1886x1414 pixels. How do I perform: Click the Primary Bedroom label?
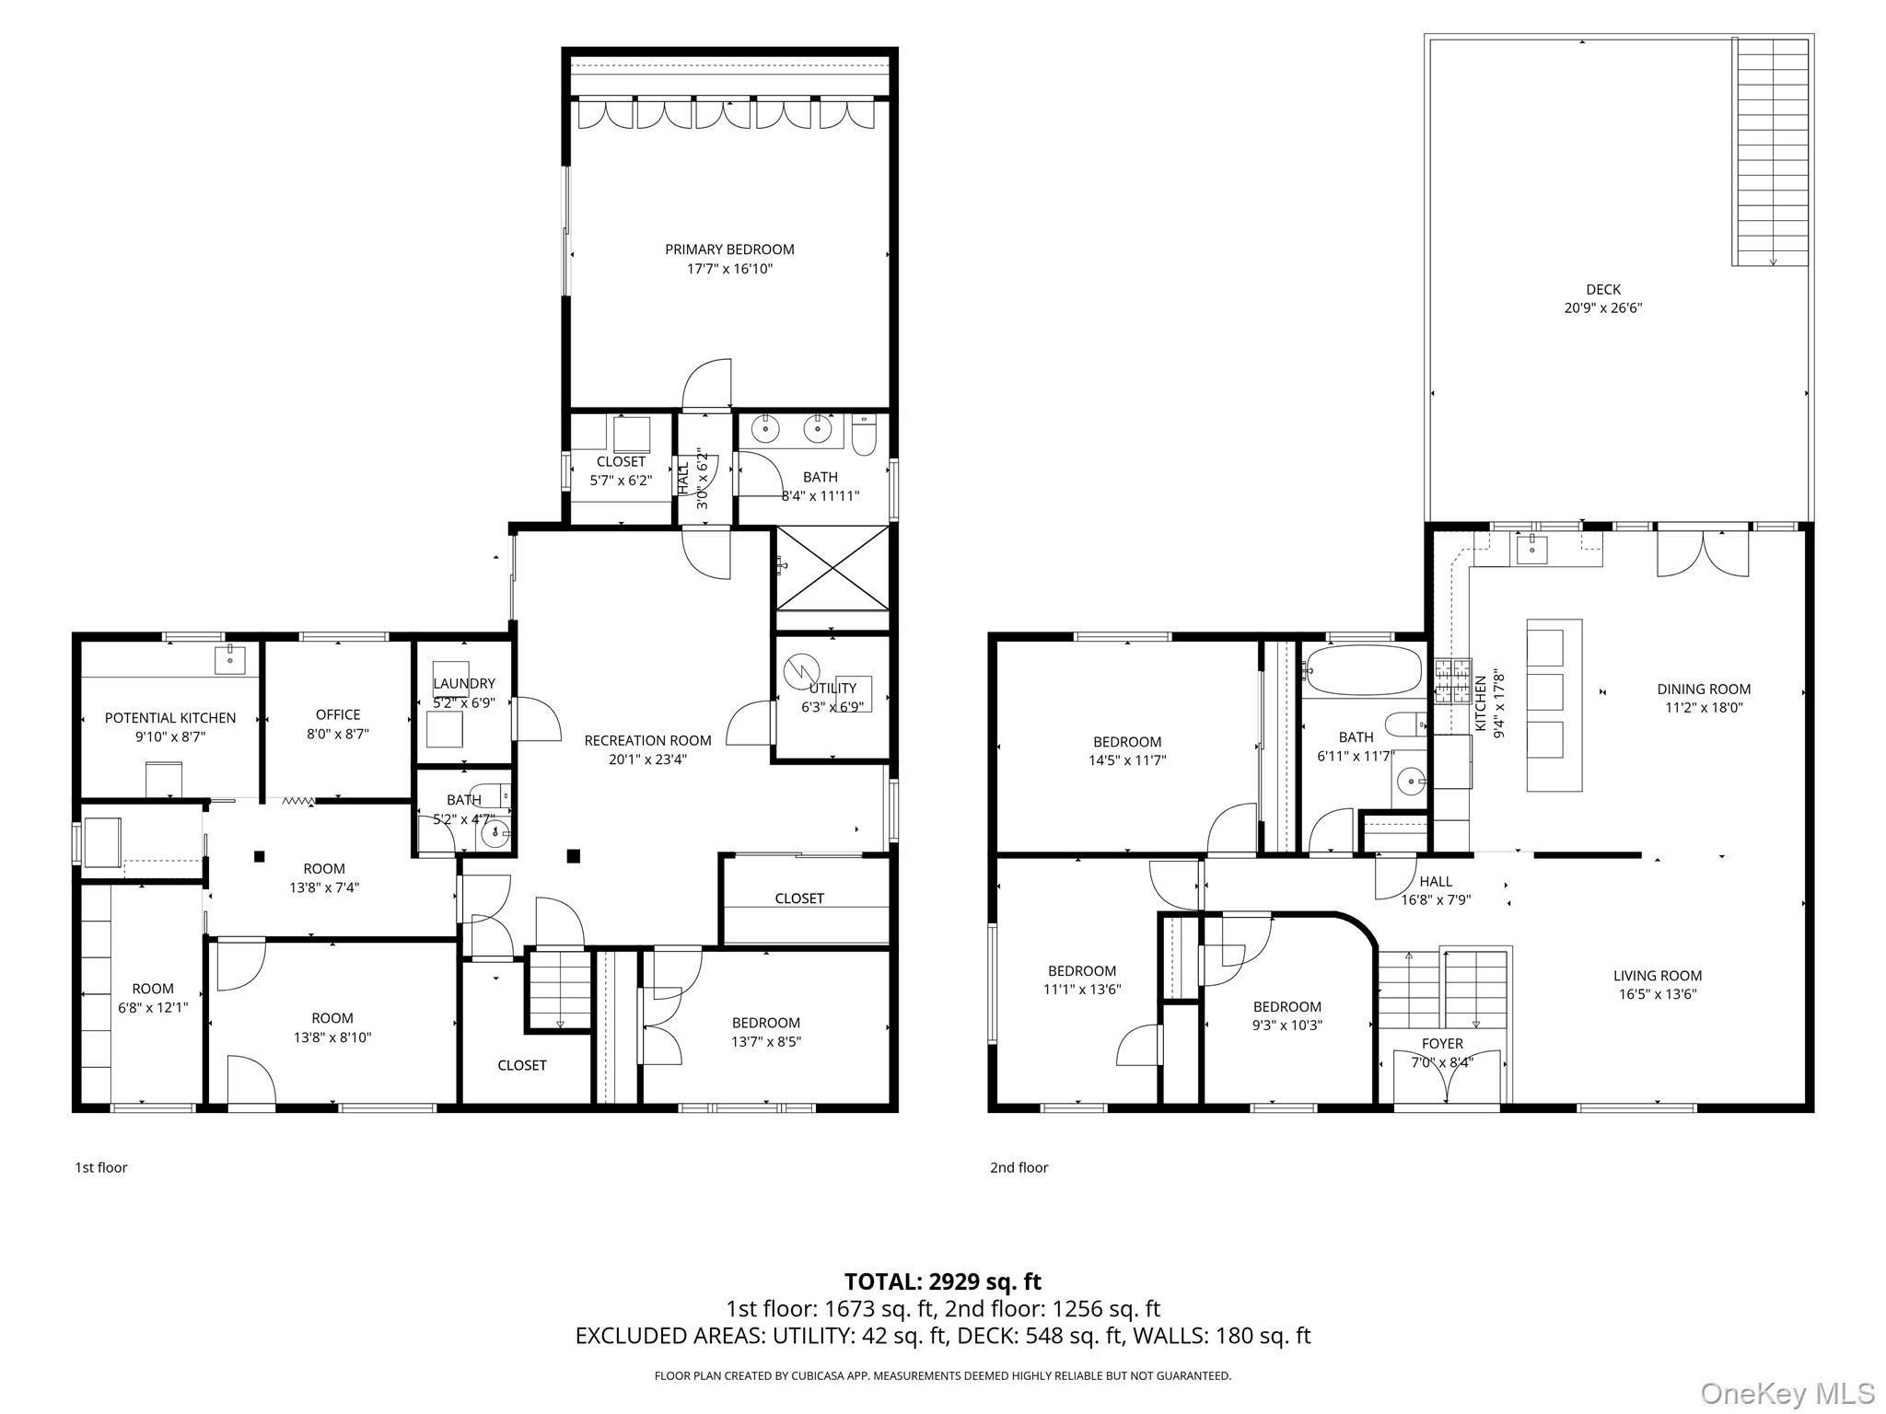click(x=729, y=249)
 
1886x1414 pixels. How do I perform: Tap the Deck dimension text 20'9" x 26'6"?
click(x=1602, y=308)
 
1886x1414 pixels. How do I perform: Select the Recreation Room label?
click(x=647, y=740)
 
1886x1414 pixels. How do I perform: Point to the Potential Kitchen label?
click(x=170, y=718)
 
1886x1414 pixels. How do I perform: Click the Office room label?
click(x=338, y=714)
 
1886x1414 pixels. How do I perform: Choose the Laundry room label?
click(x=464, y=683)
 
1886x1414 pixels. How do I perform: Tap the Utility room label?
click(x=832, y=688)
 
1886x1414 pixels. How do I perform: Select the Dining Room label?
click(x=1704, y=689)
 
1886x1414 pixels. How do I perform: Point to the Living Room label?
click(x=1658, y=975)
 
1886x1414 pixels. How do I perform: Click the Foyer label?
click(x=1442, y=1043)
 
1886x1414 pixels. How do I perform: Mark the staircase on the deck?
click(x=1771, y=153)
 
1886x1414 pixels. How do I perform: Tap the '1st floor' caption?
click(x=101, y=1167)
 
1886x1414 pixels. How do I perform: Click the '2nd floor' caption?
click(x=1019, y=1167)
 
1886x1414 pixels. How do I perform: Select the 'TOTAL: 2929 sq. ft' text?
click(x=943, y=1281)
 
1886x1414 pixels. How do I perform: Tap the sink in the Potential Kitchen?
click(x=230, y=660)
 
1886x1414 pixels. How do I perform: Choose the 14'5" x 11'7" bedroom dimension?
click(x=1127, y=761)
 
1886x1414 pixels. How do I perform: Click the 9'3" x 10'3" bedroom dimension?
click(x=1286, y=1025)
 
